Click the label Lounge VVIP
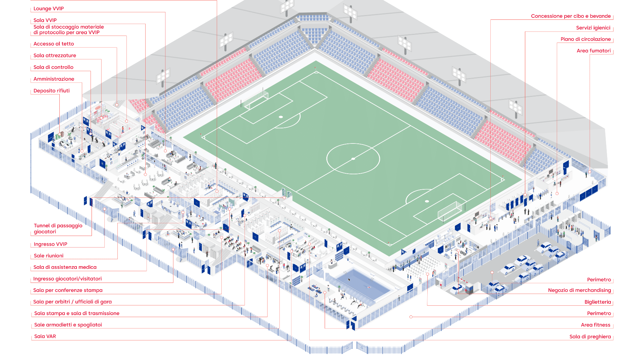pyautogui.click(x=49, y=9)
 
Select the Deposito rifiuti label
pyautogui.click(x=52, y=91)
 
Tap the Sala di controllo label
pyautogui.click(x=53, y=67)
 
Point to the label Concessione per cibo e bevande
pyautogui.click(x=571, y=16)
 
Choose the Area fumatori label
pyautogui.click(x=593, y=51)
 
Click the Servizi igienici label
pyautogui.click(x=593, y=28)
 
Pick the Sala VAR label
pyautogui.click(x=45, y=337)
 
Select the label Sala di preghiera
pyautogui.click(x=590, y=337)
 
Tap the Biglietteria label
pyautogui.click(x=597, y=302)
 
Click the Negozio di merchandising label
pyautogui.click(x=579, y=290)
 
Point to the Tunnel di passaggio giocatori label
pyautogui.click(x=58, y=229)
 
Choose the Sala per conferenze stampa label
pyautogui.click(x=68, y=290)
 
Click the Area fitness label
pyautogui.click(x=595, y=325)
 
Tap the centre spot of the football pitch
pyautogui.click(x=353, y=159)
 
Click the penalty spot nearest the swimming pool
pyautogui.click(x=427, y=201)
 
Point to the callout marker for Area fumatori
pyautogui.click(x=590, y=172)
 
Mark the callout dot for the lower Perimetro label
pyautogui.click(x=411, y=317)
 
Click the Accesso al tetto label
pyautogui.click(x=54, y=44)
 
